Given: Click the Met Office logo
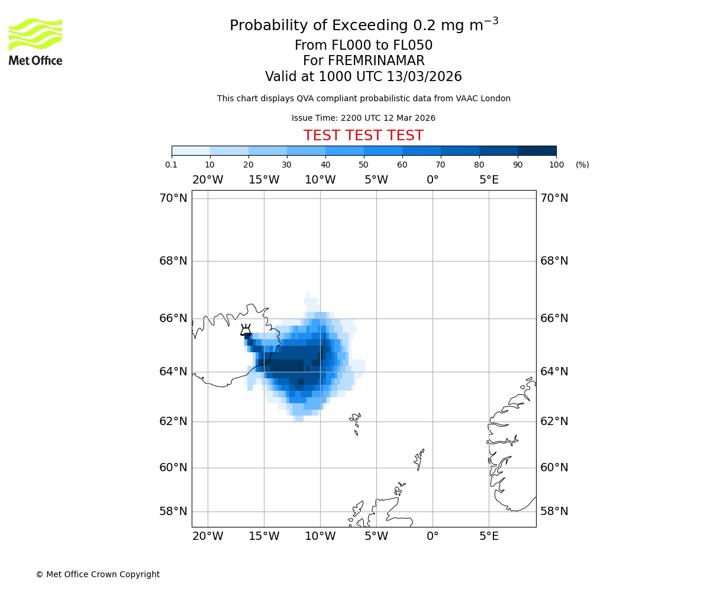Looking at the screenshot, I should tap(35, 41).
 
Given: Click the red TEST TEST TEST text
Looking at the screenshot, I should tap(363, 136).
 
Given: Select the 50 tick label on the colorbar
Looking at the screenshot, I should tap(363, 165).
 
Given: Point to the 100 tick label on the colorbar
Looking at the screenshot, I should tap(556, 165).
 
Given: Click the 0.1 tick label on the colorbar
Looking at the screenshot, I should tap(172, 165).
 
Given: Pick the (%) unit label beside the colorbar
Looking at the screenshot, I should tap(582, 165).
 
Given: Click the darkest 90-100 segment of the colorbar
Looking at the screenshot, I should tap(537, 150).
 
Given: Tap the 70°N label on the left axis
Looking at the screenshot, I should tap(173, 198).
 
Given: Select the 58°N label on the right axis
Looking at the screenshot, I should tap(554, 511).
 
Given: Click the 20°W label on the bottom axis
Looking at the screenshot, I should tap(208, 536).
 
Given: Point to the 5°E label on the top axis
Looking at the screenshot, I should tap(489, 180).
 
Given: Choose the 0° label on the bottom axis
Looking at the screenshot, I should tap(433, 536).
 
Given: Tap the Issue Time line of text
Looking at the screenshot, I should tap(363, 118).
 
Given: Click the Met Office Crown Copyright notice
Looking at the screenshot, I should tap(98, 574).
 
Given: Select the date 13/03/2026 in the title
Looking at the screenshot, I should tap(424, 77).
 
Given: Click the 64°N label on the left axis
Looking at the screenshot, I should tap(173, 371).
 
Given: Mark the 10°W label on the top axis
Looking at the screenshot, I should tap(320, 180).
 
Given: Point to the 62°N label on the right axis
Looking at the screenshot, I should tap(554, 421).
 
